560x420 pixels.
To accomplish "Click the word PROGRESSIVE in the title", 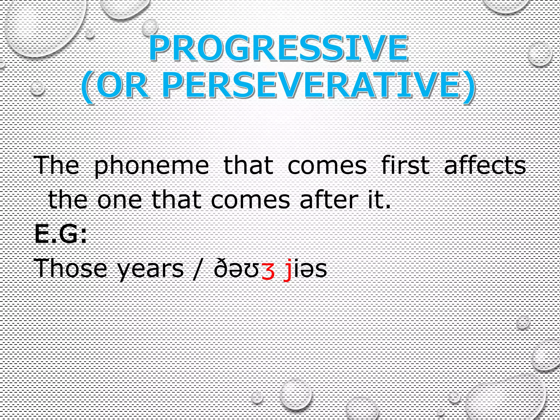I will click(x=278, y=49).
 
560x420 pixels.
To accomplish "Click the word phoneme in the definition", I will click(x=151, y=166).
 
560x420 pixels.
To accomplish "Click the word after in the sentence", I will click(x=329, y=200).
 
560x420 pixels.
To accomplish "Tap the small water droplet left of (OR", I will click(x=37, y=88).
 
